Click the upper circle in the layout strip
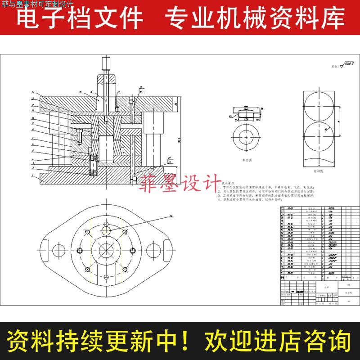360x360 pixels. [x=319, y=106]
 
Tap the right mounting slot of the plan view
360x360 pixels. [x=168, y=249]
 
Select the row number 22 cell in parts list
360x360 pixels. [x=283, y=208]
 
